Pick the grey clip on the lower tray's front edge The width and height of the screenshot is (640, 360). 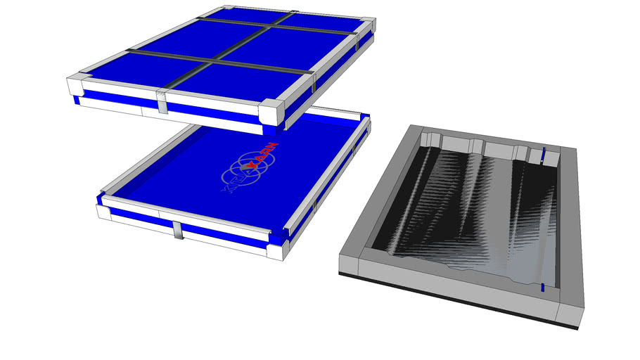[179, 230]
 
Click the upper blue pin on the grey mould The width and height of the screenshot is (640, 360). [543, 153]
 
